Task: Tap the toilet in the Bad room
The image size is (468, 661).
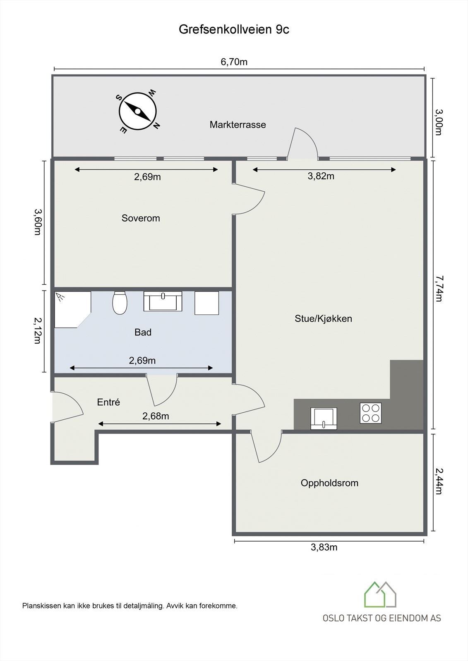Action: tap(120, 303)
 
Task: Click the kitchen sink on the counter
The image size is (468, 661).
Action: tap(324, 418)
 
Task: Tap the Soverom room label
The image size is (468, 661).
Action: tap(141, 218)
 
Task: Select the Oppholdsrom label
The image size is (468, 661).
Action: tap(329, 483)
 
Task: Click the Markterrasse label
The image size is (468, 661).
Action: tap(238, 124)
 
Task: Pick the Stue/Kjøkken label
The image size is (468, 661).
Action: tap(323, 319)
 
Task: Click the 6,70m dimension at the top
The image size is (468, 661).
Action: tap(234, 62)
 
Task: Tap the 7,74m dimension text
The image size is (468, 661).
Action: tap(439, 289)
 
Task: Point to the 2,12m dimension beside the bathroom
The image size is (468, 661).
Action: tap(37, 330)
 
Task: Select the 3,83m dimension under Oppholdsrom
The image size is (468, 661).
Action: tap(324, 547)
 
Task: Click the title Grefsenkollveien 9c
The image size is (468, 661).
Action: tap(234, 29)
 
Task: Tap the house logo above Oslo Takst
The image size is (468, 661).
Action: tap(380, 595)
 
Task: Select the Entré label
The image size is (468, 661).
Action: tap(108, 402)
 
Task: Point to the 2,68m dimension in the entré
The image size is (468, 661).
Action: tap(156, 416)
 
